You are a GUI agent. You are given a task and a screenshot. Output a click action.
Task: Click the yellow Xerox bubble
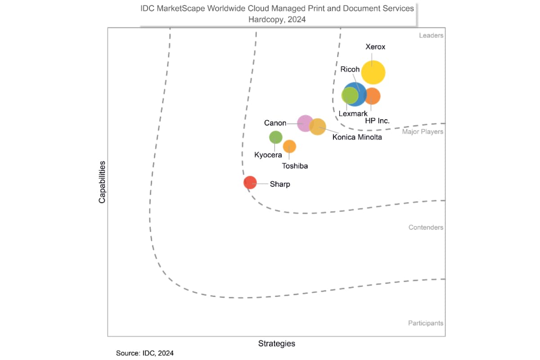pos(373,72)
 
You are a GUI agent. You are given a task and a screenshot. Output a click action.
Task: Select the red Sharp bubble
pos(250,183)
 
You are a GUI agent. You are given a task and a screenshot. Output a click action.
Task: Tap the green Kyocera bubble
pos(275,137)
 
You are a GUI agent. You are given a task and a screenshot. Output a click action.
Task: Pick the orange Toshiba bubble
pos(289,146)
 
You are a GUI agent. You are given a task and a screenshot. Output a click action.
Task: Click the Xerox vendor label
pos(375,47)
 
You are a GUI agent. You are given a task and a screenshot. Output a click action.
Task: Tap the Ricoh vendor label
pos(350,69)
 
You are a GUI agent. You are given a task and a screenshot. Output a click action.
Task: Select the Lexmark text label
pos(353,114)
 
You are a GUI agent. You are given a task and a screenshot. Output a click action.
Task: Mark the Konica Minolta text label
pos(357,137)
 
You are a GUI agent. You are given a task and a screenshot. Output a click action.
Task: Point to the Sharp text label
pos(280,184)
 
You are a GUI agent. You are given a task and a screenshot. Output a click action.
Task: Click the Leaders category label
pos(431,36)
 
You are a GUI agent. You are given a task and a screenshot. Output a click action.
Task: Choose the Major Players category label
pos(423,132)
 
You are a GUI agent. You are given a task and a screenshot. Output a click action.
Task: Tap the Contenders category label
pos(426,227)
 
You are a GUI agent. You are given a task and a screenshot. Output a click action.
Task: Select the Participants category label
pos(425,323)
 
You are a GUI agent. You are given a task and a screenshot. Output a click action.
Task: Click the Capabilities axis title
pos(102,182)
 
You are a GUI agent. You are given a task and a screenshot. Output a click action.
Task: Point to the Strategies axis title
pos(277,344)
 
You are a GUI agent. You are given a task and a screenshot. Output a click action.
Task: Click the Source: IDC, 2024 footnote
pos(144,353)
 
